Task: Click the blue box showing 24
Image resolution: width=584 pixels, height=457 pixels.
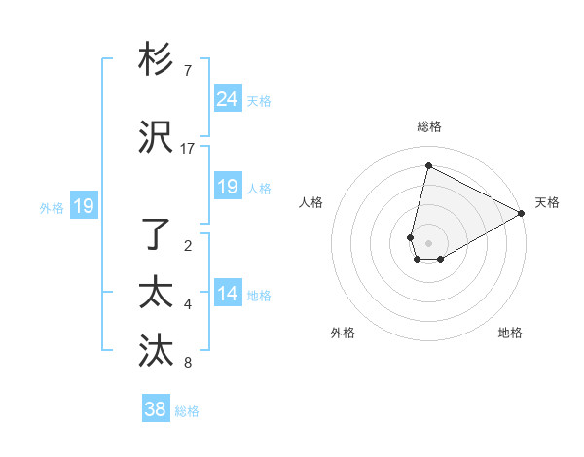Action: pos(228,99)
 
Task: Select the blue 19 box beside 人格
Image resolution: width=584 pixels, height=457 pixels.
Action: pos(228,187)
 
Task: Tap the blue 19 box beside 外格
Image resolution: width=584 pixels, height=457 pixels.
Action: pos(84,206)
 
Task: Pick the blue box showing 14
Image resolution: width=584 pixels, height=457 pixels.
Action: pos(228,294)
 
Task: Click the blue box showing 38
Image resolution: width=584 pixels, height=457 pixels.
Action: pos(156,409)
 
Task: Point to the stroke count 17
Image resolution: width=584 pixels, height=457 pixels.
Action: pos(188,149)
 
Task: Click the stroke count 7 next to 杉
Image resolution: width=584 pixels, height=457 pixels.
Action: pos(188,71)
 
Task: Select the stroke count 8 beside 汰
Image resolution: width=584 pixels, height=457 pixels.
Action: pos(188,363)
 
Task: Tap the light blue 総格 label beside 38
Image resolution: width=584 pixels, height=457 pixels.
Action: pos(187,411)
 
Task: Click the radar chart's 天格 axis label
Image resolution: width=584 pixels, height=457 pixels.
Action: pos(547,202)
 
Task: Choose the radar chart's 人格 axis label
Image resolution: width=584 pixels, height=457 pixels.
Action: pos(310,202)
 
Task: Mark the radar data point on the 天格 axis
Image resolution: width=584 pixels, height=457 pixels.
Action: pos(523,213)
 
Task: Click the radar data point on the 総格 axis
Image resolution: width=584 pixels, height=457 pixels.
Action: pos(428,166)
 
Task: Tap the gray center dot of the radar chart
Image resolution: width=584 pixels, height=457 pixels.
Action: pos(428,243)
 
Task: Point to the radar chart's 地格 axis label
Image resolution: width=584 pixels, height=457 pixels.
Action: pos(510,333)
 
